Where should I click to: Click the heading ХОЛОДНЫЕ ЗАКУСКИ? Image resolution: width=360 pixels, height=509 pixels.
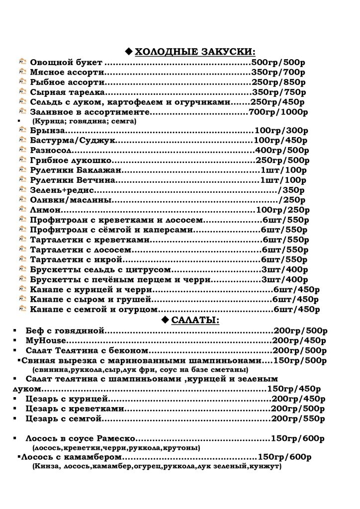pos(196,52)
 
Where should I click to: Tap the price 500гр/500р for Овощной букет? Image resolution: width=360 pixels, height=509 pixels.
pos(278,63)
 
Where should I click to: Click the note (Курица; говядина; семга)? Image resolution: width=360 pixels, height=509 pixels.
pos(84,121)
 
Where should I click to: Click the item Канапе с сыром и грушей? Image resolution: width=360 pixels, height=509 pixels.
pos(90,299)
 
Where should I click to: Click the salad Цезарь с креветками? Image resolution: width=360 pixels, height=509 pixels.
pos(75,409)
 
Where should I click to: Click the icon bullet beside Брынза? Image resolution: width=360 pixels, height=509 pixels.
pos(22,130)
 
